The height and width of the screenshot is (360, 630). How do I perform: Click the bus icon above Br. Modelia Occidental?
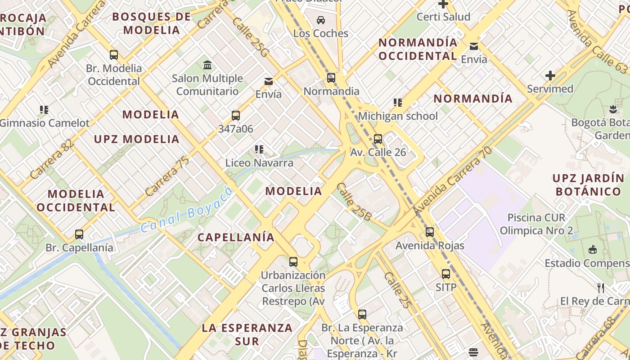pos(114,55)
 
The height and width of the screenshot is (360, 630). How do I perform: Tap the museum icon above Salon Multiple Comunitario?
pos(207,65)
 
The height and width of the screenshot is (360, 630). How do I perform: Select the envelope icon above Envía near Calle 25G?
pos(269,81)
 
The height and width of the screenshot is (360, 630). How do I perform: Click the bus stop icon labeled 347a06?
pos(236,116)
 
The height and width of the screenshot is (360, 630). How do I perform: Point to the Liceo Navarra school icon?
pos(259,149)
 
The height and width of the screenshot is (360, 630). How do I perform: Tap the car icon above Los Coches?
pos(321,20)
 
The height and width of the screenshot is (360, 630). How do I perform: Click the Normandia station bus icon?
pos(331,78)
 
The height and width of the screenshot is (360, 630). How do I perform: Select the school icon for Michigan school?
pos(397,103)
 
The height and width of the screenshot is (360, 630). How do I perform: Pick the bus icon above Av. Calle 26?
pos(378,139)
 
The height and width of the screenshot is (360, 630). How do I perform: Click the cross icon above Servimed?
pos(550,76)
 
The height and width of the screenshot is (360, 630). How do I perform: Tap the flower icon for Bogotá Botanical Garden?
pos(612,109)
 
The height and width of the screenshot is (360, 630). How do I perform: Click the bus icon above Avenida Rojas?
pos(430,232)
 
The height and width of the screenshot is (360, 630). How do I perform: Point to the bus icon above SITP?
pos(445,274)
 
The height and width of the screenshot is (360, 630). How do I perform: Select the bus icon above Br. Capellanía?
pos(79,234)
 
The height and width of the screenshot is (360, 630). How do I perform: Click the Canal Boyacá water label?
pos(187,210)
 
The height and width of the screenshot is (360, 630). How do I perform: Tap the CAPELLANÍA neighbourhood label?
pos(236,237)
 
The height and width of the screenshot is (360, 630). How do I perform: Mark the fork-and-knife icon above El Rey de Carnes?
pos(601,288)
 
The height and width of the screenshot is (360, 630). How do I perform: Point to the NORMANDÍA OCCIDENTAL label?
pos(418,49)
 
